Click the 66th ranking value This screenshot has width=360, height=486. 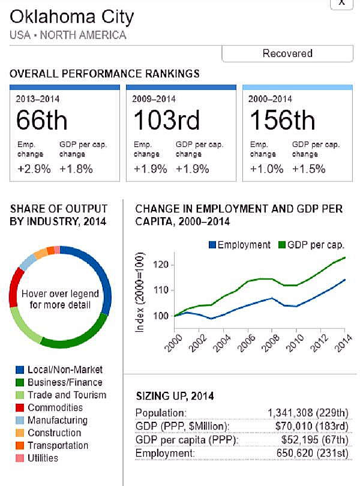click(41, 121)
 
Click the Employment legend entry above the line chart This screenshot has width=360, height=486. click(239, 245)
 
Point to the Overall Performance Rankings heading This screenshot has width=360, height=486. click(105, 74)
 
